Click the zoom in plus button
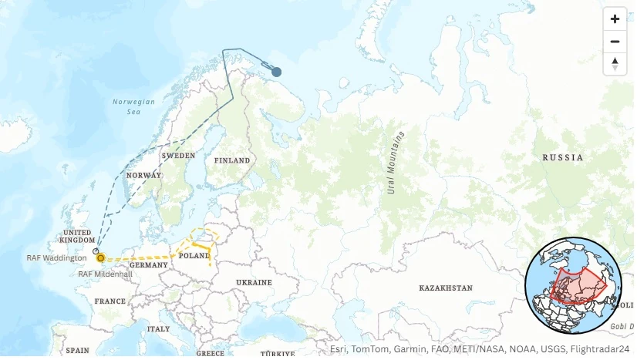click(x=615, y=19)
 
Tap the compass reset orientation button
click(x=615, y=64)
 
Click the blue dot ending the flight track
click(x=277, y=72)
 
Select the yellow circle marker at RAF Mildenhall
click(x=100, y=257)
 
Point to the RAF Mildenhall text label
click(x=106, y=274)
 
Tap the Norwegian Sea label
click(x=133, y=106)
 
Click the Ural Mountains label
click(x=396, y=163)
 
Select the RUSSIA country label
click(x=562, y=157)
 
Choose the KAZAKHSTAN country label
click(x=446, y=288)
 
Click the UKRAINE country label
click(x=254, y=282)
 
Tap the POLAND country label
click(x=194, y=255)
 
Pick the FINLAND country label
click(x=232, y=160)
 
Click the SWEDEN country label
click(x=178, y=156)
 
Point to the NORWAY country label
click(x=143, y=175)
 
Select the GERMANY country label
click(x=149, y=265)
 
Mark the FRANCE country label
click(x=110, y=301)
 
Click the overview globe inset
click(x=573, y=285)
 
